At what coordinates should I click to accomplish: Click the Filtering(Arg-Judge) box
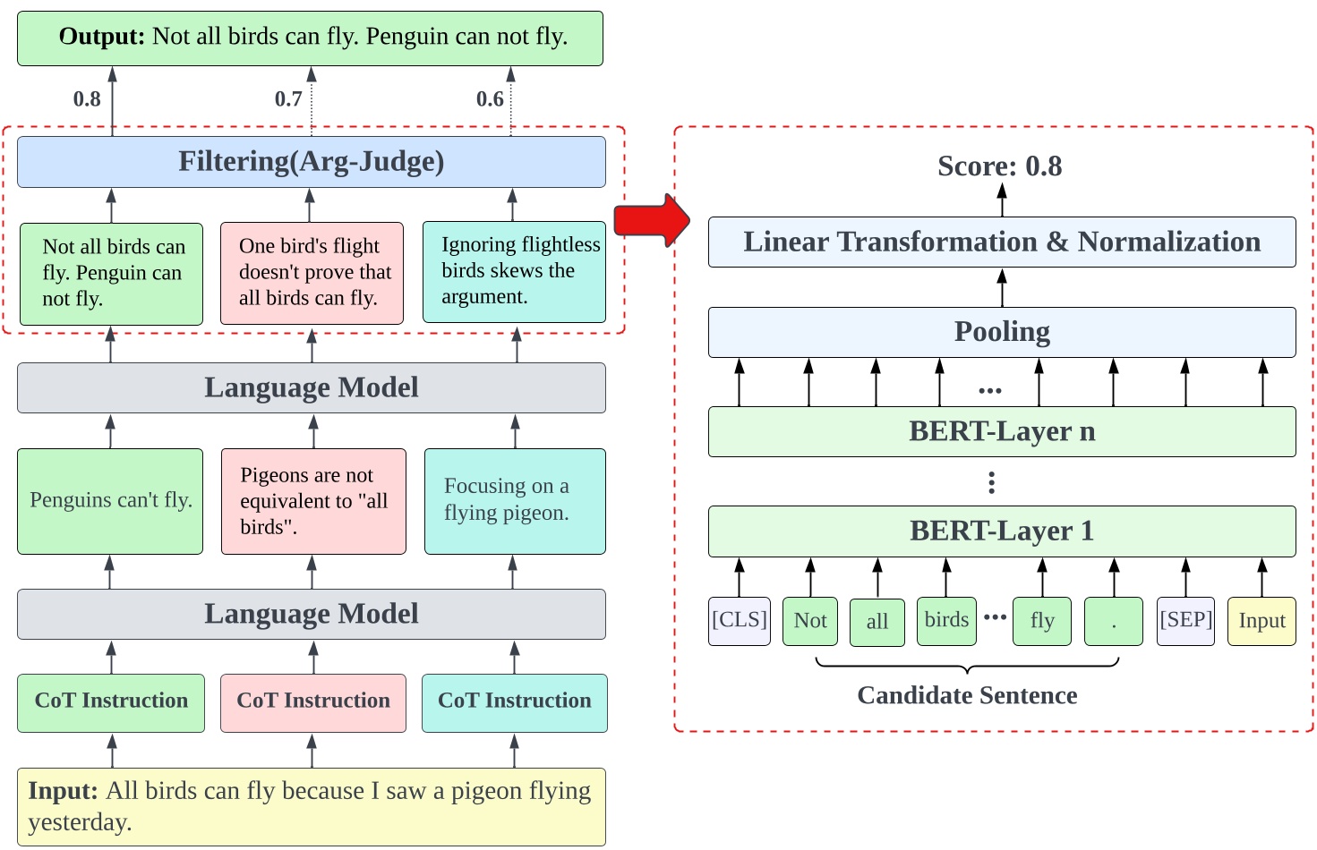coord(312,162)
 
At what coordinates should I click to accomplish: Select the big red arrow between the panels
coord(652,220)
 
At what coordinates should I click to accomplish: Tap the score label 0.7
coord(288,99)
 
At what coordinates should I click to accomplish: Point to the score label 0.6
coord(490,99)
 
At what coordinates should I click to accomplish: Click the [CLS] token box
coord(740,621)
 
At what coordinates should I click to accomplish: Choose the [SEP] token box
coord(1185,621)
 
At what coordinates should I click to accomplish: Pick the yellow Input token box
coord(1261,621)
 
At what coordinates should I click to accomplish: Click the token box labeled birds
coord(946,621)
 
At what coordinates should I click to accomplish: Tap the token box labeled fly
coord(1042,621)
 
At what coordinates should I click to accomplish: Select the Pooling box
coord(1002,332)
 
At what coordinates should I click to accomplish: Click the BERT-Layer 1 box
coord(1002,531)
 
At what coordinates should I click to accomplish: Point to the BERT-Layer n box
coord(1002,432)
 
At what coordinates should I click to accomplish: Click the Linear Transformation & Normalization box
coord(1002,242)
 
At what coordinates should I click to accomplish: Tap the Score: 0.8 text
coord(999,166)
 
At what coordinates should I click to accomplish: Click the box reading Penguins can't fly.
coord(110,501)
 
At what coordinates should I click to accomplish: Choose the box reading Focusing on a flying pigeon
coord(515,501)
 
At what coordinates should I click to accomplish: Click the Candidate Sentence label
coord(967,696)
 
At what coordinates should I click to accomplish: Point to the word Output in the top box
coord(101,37)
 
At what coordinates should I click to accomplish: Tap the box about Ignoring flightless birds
coord(514,272)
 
